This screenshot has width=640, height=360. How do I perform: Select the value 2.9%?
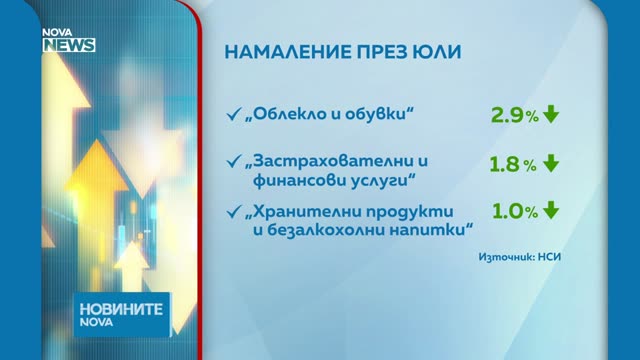pos(515,116)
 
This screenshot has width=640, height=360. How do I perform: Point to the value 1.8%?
pos(513,164)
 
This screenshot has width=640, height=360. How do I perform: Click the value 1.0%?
pos(515,211)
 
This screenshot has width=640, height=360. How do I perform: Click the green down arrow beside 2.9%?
pos(551,114)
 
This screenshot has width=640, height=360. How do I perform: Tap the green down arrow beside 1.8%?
pos(551,163)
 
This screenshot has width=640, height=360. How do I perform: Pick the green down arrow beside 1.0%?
pos(551,210)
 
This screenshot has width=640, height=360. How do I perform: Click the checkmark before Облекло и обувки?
pos(234,114)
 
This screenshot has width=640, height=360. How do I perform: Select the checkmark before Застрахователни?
pos(234,161)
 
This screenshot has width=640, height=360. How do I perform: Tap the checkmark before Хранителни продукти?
pos(234,211)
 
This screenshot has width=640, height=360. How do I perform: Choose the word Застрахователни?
pos(333,161)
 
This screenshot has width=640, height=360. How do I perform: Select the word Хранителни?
pos(305,211)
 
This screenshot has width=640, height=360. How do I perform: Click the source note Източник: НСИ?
pos(520,257)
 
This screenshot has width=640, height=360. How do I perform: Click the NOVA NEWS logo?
pos(69,40)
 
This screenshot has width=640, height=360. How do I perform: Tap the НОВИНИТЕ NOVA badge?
pos(122,314)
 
